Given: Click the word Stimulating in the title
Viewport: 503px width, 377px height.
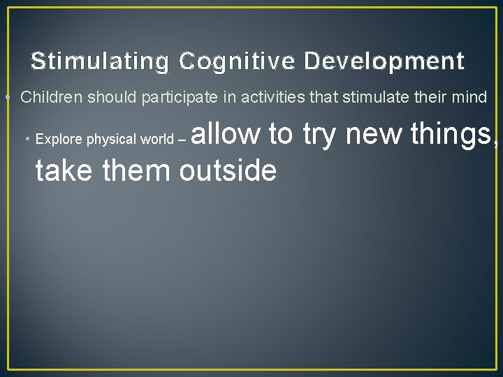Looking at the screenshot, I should point(100,62).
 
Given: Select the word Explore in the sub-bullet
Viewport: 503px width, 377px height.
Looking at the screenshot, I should point(59,139).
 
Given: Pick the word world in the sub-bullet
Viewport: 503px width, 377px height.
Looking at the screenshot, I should point(156,139).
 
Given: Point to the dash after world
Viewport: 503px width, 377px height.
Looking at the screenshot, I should point(182,140).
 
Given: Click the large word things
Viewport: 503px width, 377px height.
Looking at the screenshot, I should point(453,134).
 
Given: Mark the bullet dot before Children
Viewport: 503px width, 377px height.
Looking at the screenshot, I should point(6,98).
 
